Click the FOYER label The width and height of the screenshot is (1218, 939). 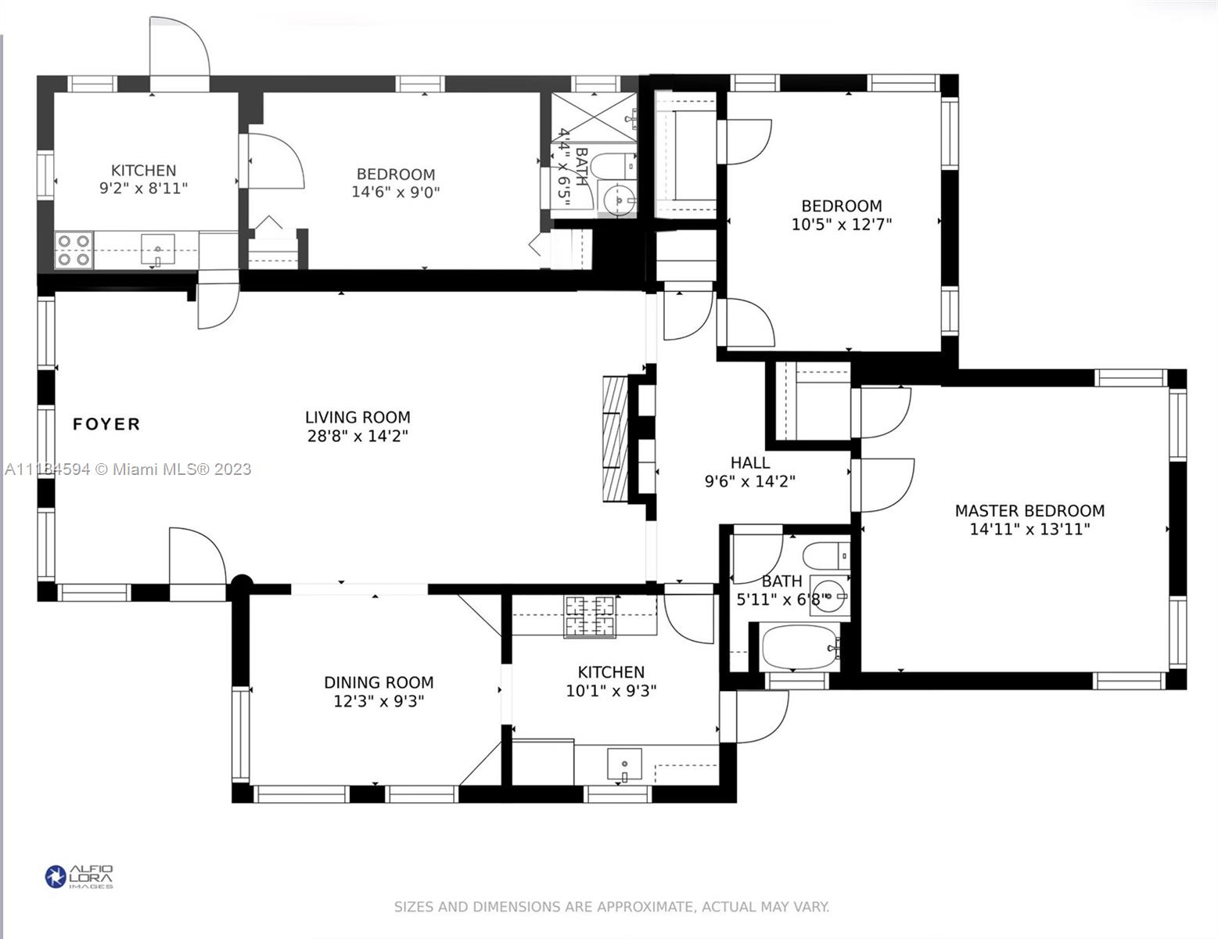coord(106,424)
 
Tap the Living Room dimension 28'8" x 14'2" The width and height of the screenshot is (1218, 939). coord(357,436)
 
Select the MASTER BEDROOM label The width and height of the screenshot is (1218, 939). coord(1029,511)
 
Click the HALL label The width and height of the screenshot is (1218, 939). coord(749,462)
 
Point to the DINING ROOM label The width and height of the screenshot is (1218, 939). coord(379,682)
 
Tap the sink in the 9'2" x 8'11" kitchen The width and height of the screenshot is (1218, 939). coord(158,250)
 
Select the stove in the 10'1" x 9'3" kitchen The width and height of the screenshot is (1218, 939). coord(590,616)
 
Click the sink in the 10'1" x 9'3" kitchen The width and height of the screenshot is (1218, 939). coord(624,764)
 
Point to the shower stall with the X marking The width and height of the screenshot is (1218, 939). coord(595,117)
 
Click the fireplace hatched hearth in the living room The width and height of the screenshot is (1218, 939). coord(615,439)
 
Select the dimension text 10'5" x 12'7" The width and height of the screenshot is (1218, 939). coord(842,225)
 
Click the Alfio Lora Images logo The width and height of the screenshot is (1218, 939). coord(79,876)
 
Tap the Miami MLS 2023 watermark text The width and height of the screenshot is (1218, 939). coord(128,469)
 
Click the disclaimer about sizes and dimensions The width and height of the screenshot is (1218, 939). coord(611,907)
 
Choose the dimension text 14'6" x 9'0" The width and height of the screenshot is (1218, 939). coord(395,192)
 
